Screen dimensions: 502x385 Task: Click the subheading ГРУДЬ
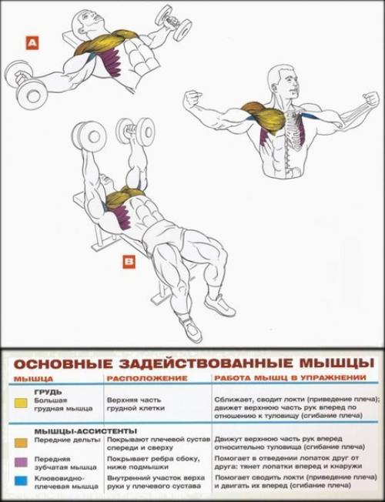tap(48, 391)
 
